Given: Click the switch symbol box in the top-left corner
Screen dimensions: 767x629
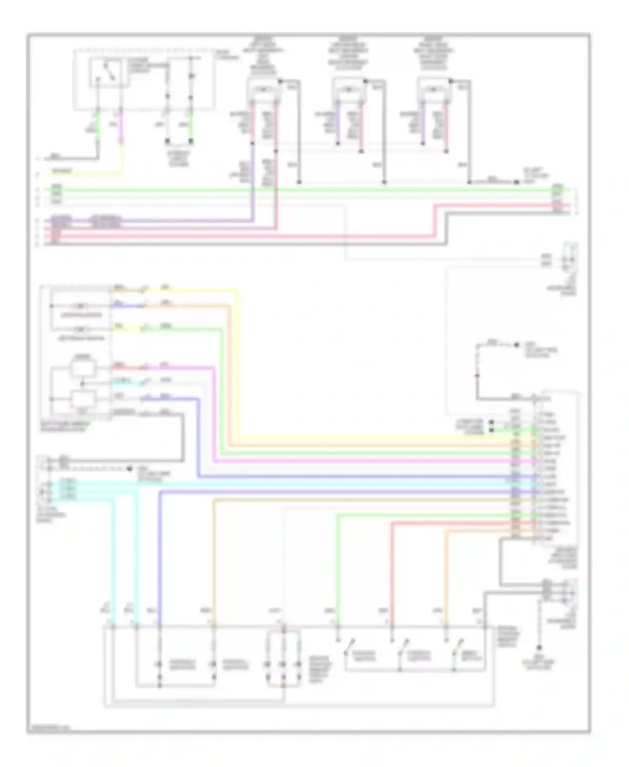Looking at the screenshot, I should pyautogui.click(x=109, y=73).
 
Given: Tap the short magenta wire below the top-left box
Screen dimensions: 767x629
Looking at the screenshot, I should pyautogui.click(x=121, y=126).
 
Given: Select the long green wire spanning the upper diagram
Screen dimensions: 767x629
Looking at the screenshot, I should pyautogui.click(x=294, y=190).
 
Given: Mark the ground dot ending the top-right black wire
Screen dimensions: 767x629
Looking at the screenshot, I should pyautogui.click(x=517, y=182).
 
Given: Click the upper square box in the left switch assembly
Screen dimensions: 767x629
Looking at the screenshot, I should pyautogui.click(x=83, y=368).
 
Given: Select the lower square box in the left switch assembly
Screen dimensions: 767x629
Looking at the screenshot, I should pyautogui.click(x=83, y=398).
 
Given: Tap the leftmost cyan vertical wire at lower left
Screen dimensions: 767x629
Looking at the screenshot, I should pyautogui.click(x=114, y=558).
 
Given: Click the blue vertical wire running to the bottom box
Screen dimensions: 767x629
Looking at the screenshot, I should pyautogui.click(x=160, y=558).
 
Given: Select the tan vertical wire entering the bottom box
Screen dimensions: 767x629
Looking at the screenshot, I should pyautogui.click(x=213, y=562).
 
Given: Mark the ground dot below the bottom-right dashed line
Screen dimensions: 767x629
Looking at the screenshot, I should pyautogui.click(x=539, y=648).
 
